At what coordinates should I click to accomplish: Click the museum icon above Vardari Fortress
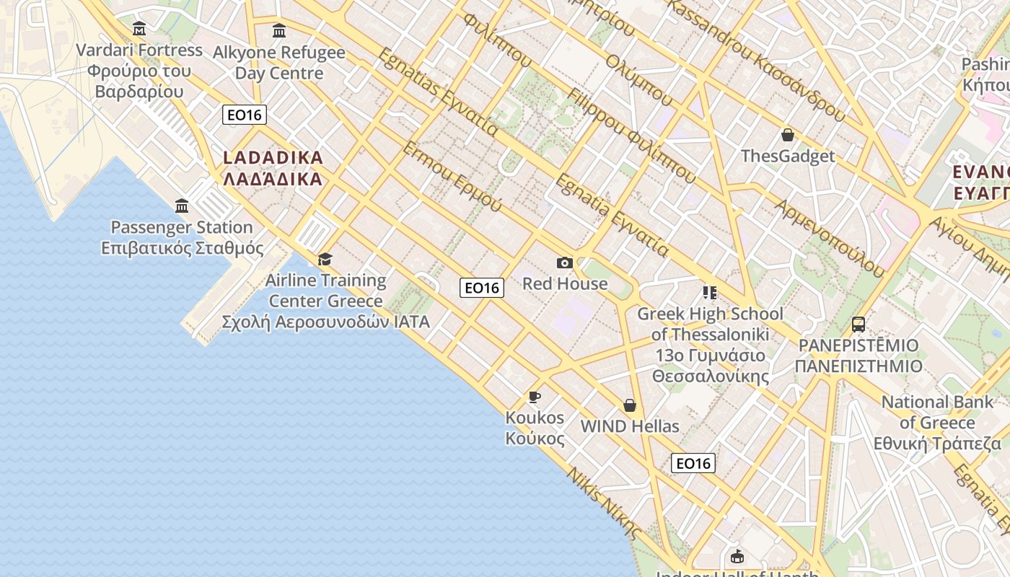(139, 29)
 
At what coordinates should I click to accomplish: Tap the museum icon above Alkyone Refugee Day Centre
(279, 31)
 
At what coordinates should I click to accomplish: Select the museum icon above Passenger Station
(182, 206)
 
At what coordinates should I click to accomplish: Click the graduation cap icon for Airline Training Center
(325, 259)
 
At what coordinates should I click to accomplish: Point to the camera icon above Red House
(565, 263)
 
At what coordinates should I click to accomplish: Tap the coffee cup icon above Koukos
(535, 397)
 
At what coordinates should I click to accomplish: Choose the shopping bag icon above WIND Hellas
(630, 405)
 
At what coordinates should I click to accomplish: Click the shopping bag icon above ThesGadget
(788, 135)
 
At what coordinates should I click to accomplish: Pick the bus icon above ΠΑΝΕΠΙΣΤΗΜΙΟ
(858, 325)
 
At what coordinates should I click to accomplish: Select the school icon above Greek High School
(710, 293)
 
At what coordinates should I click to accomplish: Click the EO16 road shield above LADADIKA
(245, 115)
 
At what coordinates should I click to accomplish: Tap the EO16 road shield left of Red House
(482, 288)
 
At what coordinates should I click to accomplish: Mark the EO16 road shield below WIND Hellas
(693, 463)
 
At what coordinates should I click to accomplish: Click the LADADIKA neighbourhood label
(273, 168)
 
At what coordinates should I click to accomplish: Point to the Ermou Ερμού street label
(452, 177)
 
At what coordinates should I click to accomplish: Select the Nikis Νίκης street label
(604, 503)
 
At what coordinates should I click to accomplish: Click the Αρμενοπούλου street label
(830, 238)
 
